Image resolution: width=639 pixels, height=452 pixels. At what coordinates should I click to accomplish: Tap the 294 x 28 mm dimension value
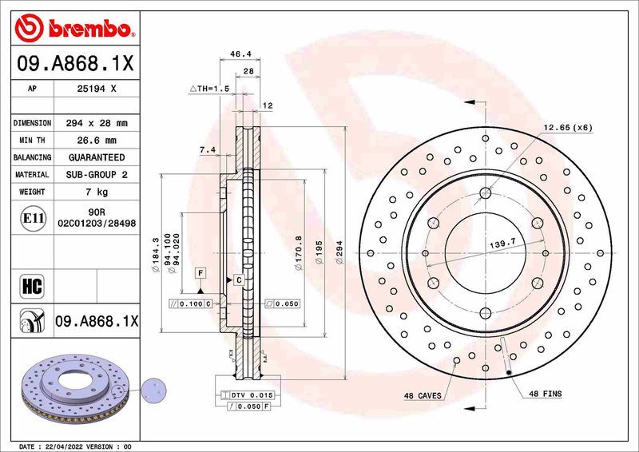click(95, 124)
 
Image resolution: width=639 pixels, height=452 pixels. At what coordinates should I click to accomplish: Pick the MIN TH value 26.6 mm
click(95, 141)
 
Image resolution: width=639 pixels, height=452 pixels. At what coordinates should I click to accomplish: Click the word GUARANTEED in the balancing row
click(95, 157)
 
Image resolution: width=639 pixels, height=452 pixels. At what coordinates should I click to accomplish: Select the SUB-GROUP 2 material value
click(95, 174)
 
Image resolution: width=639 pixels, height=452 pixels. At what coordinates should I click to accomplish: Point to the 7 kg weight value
click(95, 192)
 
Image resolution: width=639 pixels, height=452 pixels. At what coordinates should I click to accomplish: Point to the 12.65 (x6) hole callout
click(569, 128)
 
